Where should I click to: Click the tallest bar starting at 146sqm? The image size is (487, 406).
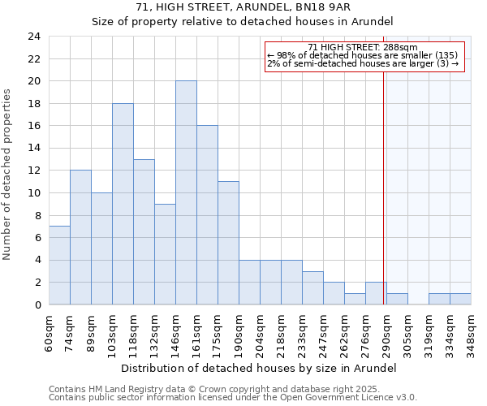tap(186, 193)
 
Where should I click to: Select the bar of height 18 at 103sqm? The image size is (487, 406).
tap(123, 204)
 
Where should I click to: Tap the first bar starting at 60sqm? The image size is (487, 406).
tap(59, 266)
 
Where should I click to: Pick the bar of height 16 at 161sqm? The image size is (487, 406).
tap(207, 215)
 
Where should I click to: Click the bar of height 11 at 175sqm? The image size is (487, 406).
tap(228, 243)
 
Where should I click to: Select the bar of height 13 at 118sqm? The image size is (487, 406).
tap(144, 232)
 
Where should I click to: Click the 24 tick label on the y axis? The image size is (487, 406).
tap(33, 37)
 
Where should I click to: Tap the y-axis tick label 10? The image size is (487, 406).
tap(33, 193)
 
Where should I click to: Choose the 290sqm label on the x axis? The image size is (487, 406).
tap(387, 330)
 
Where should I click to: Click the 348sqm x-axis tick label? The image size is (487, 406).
tap(472, 330)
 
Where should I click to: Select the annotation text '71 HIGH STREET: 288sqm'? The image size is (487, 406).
tap(363, 48)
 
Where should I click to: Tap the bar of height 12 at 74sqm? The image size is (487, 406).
tap(80, 237)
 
